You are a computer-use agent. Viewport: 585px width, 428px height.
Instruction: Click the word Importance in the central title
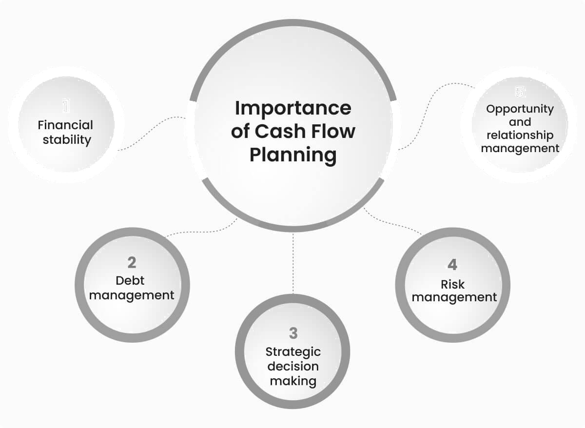pos(292,108)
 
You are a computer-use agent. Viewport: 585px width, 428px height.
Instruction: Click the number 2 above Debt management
pos(132,263)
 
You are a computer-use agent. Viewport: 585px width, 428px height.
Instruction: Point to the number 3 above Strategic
pos(293,333)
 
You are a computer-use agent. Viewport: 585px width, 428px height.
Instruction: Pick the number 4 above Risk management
pos(452,265)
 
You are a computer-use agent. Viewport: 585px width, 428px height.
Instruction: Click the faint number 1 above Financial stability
pos(66,106)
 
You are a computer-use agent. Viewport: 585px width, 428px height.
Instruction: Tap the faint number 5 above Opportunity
pos(520,92)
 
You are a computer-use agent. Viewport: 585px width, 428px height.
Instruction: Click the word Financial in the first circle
pos(66,125)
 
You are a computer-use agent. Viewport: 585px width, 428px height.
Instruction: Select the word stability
pos(67,140)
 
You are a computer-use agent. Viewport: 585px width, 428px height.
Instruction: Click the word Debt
pos(130,280)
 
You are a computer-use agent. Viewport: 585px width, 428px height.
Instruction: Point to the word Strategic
pos(293,351)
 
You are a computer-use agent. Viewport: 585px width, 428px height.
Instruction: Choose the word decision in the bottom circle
pos(293,366)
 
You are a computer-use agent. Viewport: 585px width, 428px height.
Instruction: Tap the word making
pos(293,381)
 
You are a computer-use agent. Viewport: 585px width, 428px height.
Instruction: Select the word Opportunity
pos(520,109)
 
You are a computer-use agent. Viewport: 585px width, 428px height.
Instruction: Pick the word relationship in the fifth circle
pos(520,135)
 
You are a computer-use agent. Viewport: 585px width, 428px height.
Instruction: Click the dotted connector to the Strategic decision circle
pos(293,263)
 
